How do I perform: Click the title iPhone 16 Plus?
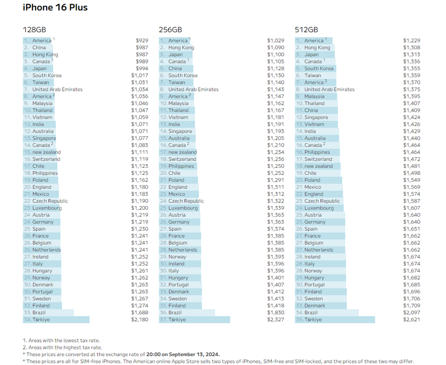click(x=55, y=8)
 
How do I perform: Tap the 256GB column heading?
click(x=169, y=30)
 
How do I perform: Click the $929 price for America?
click(x=142, y=40)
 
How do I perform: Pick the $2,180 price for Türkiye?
click(x=140, y=319)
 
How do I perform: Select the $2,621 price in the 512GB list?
click(x=411, y=319)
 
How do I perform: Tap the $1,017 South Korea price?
click(x=140, y=76)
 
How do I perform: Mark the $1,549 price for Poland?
click(x=411, y=180)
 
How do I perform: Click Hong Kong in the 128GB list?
click(x=45, y=55)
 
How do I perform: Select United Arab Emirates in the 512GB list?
click(x=329, y=89)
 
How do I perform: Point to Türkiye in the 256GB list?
click(x=177, y=319)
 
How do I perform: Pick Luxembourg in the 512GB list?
click(x=319, y=208)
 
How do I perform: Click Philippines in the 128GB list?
click(x=45, y=173)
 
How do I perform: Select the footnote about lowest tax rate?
click(x=61, y=341)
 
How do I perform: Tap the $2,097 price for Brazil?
click(x=411, y=313)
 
